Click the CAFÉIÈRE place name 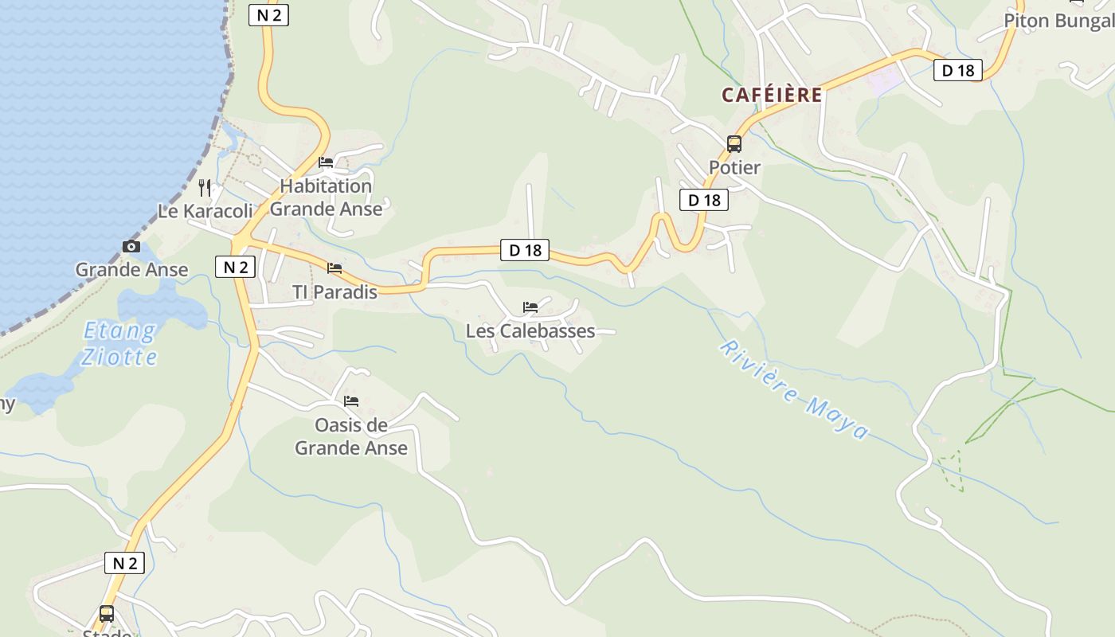pyautogui.click(x=772, y=95)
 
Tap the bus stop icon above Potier pyautogui.click(x=734, y=144)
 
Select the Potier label pyautogui.click(x=734, y=168)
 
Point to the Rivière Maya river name pyautogui.click(x=793, y=389)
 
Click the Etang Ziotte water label pyautogui.click(x=119, y=343)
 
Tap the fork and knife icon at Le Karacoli pyautogui.click(x=205, y=188)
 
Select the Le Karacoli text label pyautogui.click(x=205, y=211)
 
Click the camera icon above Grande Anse pyautogui.click(x=131, y=247)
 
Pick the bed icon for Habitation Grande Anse pyautogui.click(x=326, y=162)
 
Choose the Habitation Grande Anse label pyautogui.click(x=327, y=197)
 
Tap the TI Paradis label pyautogui.click(x=334, y=292)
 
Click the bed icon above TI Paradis pyautogui.click(x=334, y=268)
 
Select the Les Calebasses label pyautogui.click(x=530, y=330)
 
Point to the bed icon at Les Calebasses pyautogui.click(x=530, y=307)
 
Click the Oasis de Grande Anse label pyautogui.click(x=351, y=436)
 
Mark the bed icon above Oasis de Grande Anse pyautogui.click(x=351, y=401)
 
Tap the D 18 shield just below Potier pyautogui.click(x=704, y=200)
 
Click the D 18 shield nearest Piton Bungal pyautogui.click(x=958, y=70)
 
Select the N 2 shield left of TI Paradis pyautogui.click(x=236, y=267)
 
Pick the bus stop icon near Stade pyautogui.click(x=106, y=614)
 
